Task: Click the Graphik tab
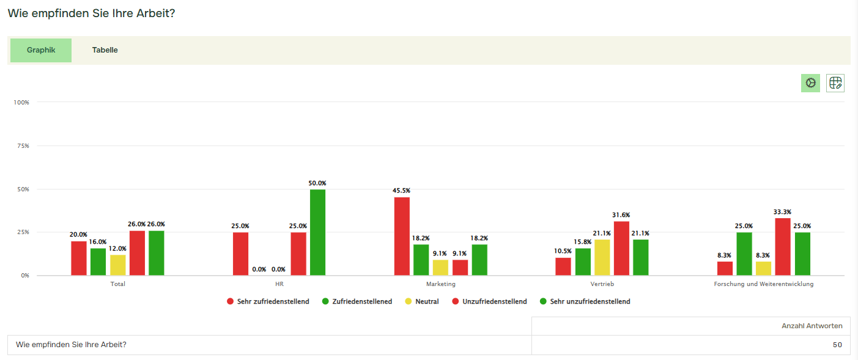41,50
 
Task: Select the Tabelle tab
105,50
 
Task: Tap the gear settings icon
810,83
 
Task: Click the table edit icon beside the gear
835,83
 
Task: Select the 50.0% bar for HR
317,232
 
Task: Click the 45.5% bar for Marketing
402,236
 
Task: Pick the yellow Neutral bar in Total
118,265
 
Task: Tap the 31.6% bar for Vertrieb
621,248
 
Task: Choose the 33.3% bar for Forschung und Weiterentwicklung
783,247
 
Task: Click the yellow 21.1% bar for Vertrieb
602,257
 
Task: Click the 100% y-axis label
21,102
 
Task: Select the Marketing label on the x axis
440,284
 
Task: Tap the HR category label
279,284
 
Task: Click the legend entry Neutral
427,301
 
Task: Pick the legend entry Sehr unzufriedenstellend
590,301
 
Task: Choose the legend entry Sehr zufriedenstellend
273,301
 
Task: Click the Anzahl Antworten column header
812,326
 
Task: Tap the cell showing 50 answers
837,345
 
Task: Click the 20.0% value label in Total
78,234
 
